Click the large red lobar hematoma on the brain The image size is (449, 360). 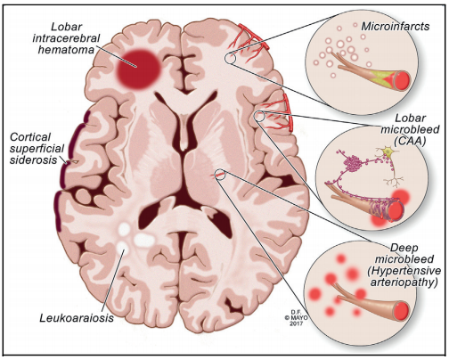coord(138,70)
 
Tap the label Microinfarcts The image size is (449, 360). coord(396,27)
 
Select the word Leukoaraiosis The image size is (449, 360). coord(77,318)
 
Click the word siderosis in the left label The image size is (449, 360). coord(33,160)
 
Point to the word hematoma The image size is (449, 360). coord(66,50)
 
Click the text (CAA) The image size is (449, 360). coord(410,141)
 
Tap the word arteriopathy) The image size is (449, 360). coord(404,282)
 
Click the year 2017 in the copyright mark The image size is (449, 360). coord(296,323)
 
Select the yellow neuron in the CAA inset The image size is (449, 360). coord(387,152)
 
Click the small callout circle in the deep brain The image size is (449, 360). coord(220,175)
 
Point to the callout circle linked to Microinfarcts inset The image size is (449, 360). coord(230,58)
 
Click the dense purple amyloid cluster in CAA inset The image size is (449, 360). coord(352,163)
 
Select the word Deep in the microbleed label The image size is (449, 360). coord(400,248)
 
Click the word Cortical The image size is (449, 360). coord(30,137)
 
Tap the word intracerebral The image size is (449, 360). coord(66,38)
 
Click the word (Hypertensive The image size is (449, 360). coord(404,271)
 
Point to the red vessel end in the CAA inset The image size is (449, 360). coord(396,210)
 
